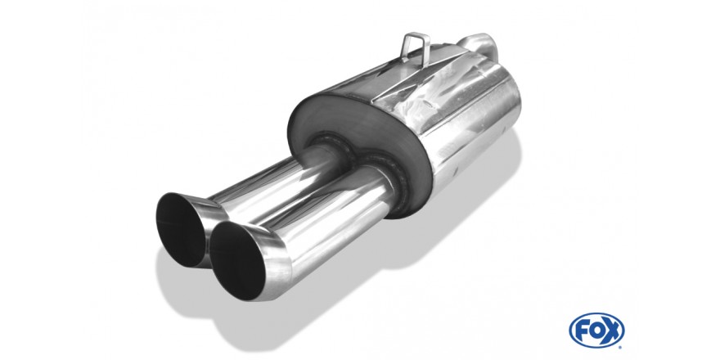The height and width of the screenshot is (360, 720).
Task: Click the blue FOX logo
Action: (x=597, y=331)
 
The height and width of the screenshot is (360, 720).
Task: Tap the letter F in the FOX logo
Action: (x=583, y=331)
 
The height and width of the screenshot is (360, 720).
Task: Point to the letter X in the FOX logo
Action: (x=611, y=331)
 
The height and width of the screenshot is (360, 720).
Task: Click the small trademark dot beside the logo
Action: (x=621, y=347)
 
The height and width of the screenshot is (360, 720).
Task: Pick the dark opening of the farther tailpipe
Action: (x=181, y=230)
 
